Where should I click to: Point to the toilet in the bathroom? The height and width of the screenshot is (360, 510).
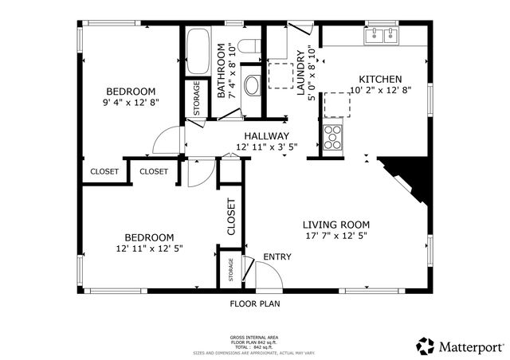coord(248,49)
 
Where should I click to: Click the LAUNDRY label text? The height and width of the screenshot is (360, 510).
coord(301,74)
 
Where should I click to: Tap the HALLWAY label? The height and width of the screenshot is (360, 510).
coord(267,136)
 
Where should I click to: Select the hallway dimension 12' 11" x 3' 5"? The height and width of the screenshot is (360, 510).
coord(267,147)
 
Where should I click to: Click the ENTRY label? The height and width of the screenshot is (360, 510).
coord(277,256)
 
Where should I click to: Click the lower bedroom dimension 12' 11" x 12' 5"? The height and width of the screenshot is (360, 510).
coord(149,248)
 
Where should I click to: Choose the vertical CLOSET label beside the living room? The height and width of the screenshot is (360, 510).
coord(232,217)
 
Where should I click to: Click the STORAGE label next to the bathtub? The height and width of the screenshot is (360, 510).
coord(196,98)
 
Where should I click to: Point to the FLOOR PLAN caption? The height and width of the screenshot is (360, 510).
coord(254,303)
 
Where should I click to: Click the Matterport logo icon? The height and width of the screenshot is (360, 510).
coord(426,346)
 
